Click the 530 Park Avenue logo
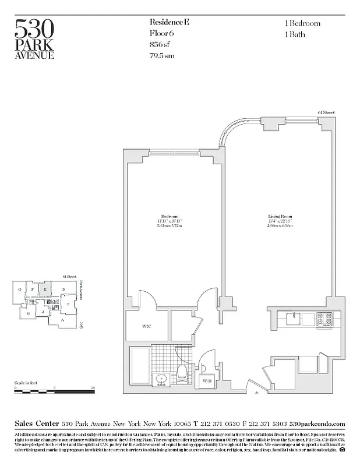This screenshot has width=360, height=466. (35, 39)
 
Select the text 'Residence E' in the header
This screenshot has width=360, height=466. (170, 23)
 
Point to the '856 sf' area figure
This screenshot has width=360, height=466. (161, 45)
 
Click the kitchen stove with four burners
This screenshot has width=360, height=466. (324, 319)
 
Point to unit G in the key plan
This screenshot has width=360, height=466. (20, 289)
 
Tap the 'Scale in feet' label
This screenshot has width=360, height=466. (26, 382)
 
